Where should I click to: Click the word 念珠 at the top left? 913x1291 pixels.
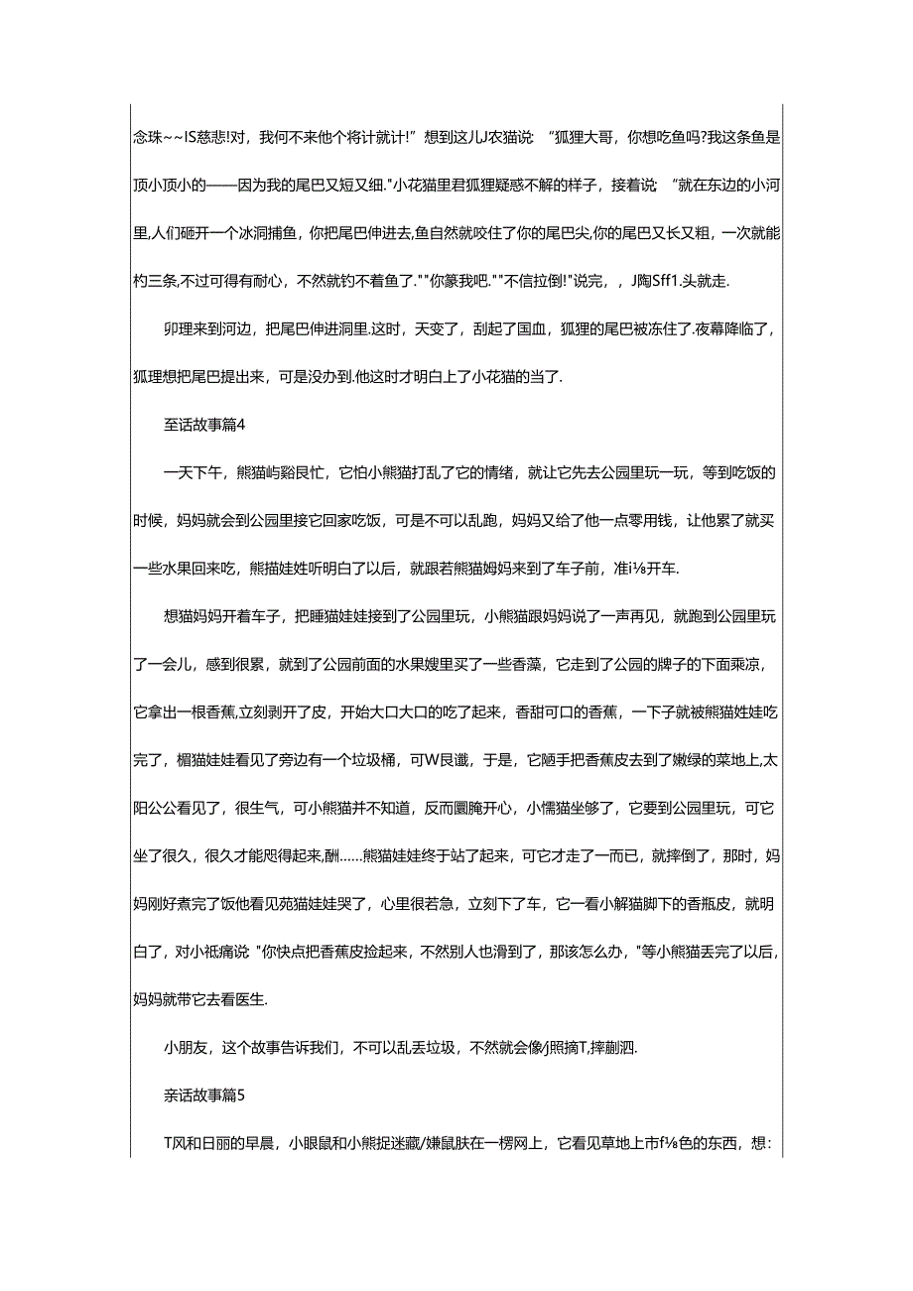(146, 137)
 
